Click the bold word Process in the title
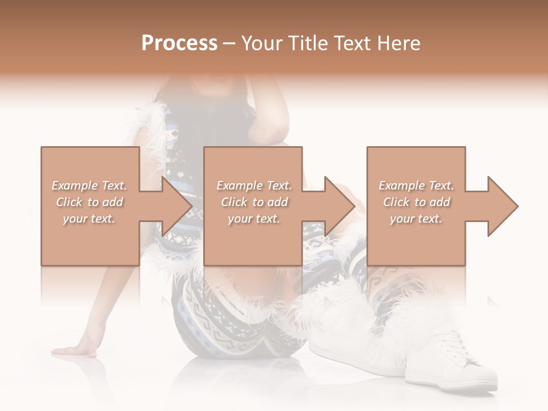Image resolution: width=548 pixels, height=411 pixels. (179, 43)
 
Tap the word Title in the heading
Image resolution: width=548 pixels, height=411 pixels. (308, 43)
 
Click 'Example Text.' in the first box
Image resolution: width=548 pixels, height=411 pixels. (89, 186)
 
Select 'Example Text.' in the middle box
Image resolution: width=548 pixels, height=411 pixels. (254, 186)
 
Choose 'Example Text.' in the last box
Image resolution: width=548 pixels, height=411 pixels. (416, 186)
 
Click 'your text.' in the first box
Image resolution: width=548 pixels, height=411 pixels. (89, 219)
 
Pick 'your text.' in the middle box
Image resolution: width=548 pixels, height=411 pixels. (254, 219)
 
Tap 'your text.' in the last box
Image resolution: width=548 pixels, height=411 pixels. (416, 219)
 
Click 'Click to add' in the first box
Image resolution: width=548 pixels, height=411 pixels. (89, 202)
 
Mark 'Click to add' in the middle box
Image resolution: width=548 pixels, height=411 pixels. (254, 202)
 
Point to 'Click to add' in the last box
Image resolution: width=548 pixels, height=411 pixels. (416, 202)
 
